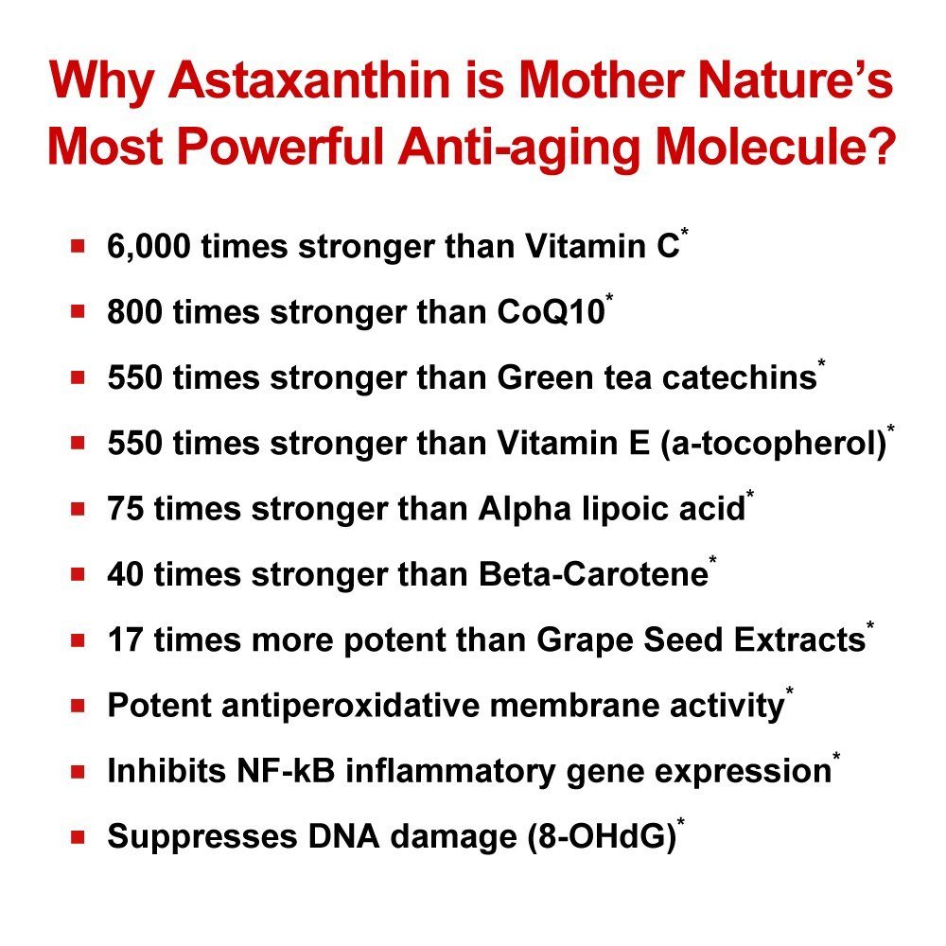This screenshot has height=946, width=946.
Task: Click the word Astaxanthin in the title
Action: [309, 79]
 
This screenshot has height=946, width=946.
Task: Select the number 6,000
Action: [149, 247]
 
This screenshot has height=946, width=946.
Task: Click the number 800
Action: [134, 312]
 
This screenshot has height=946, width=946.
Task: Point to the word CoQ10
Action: [551, 312]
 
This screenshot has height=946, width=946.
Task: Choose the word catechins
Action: [740, 377]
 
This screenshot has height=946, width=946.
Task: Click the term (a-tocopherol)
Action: [774, 444]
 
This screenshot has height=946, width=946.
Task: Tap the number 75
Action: [126, 508]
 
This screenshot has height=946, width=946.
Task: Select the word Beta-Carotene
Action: [594, 574]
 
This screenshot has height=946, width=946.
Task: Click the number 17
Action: [125, 639]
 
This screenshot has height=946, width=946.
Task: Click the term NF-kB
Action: [286, 770]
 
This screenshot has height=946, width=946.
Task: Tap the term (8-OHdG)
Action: [602, 837]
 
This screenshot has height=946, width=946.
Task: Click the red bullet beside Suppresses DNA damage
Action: [78, 837]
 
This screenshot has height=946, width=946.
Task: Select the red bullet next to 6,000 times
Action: [78, 246]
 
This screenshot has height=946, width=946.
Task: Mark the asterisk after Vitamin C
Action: [685, 232]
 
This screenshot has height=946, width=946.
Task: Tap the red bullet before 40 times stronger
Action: [78, 574]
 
